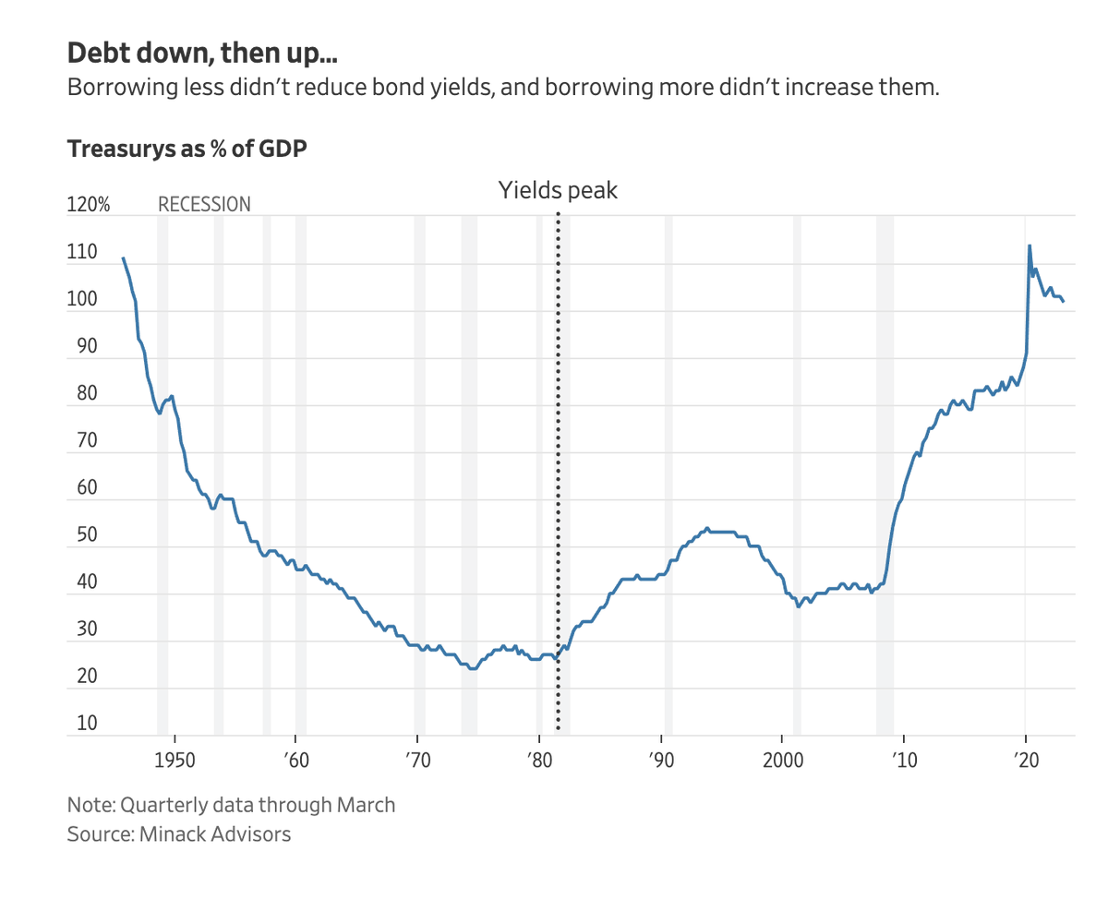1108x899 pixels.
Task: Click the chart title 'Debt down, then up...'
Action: pos(202,54)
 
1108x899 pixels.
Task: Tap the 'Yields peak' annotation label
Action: pos(558,191)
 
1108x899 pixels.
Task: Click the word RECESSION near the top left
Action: pos(204,204)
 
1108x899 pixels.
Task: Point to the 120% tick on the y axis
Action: pos(89,205)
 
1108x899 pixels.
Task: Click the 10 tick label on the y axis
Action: pos(87,723)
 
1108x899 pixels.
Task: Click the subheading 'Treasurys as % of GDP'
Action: pos(187,148)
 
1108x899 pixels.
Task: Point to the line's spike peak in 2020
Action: pos(1030,246)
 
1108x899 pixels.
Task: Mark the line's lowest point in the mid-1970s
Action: pos(472,668)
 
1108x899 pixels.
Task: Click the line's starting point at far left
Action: pos(123,258)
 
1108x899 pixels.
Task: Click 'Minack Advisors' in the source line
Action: pos(215,834)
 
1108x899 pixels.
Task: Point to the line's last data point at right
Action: pos(1064,301)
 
